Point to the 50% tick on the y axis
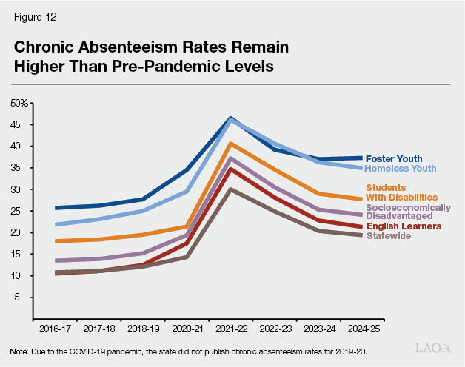click(x=19, y=103)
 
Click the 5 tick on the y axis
click(x=24, y=297)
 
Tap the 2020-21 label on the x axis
click(x=187, y=326)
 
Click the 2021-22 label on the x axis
click(x=231, y=326)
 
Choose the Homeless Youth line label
click(x=401, y=168)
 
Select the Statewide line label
click(x=389, y=235)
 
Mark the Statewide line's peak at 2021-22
click(x=231, y=189)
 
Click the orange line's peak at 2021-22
click(x=231, y=144)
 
